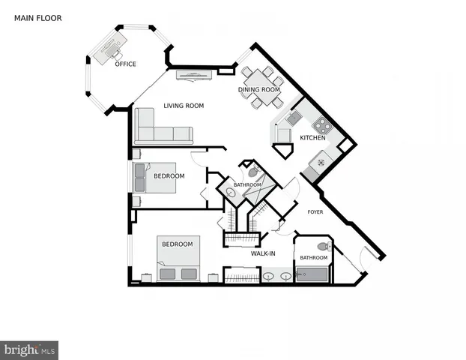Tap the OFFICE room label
tap(125, 64)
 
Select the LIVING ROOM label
tap(184, 106)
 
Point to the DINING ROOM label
tap(259, 90)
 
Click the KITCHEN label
tap(312, 139)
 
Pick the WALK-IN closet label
tap(262, 253)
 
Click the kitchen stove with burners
tap(322, 124)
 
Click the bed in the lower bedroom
tap(178, 257)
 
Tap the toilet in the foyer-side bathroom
tap(324, 246)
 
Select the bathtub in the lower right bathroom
tap(313, 275)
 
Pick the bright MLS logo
tap(29, 349)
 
